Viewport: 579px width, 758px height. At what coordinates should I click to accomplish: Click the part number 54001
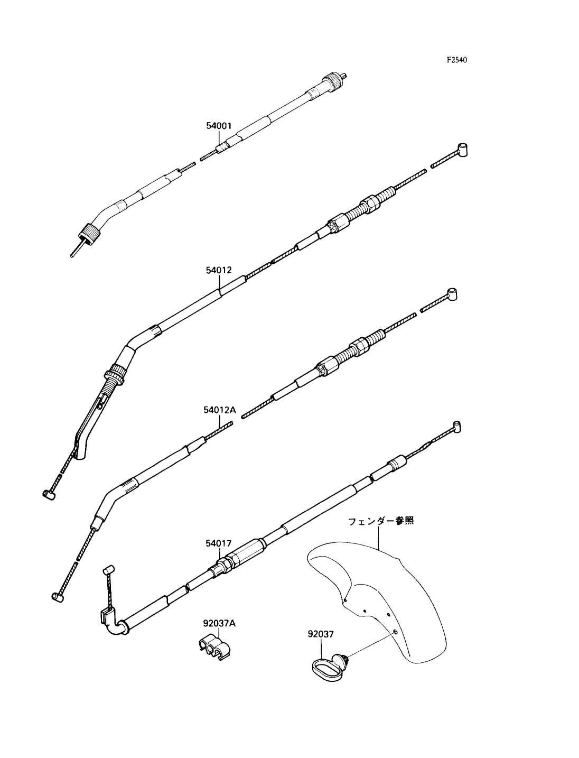[x=219, y=126]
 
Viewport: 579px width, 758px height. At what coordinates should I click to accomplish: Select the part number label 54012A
[x=219, y=410]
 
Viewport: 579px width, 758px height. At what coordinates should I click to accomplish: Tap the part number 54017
[x=218, y=543]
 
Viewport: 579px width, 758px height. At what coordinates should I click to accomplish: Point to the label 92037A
[x=219, y=623]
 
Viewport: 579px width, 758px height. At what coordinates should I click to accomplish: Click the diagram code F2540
[x=457, y=60]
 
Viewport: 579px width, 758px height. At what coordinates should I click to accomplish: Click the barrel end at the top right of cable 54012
[x=462, y=150]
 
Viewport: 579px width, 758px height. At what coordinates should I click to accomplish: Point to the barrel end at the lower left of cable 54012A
[x=58, y=597]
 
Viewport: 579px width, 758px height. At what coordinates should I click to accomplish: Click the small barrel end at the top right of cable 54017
[x=456, y=427]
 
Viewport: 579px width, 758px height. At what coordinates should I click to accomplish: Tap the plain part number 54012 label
[x=219, y=270]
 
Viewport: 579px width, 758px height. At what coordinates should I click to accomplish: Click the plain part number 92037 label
[x=321, y=634]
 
